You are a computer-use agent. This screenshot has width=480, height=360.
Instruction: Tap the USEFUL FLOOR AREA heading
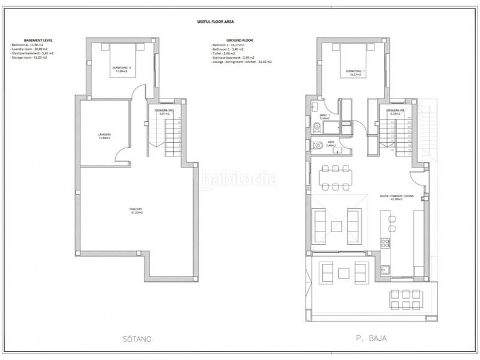coord(216,21)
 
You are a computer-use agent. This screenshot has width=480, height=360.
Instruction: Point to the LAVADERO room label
coord(104,136)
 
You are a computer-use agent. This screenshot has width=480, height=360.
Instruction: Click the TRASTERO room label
coord(136,211)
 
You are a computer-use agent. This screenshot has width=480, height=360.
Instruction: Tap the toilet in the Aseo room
coord(314,145)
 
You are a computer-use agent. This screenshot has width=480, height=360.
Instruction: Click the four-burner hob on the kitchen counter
coord(385,243)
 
